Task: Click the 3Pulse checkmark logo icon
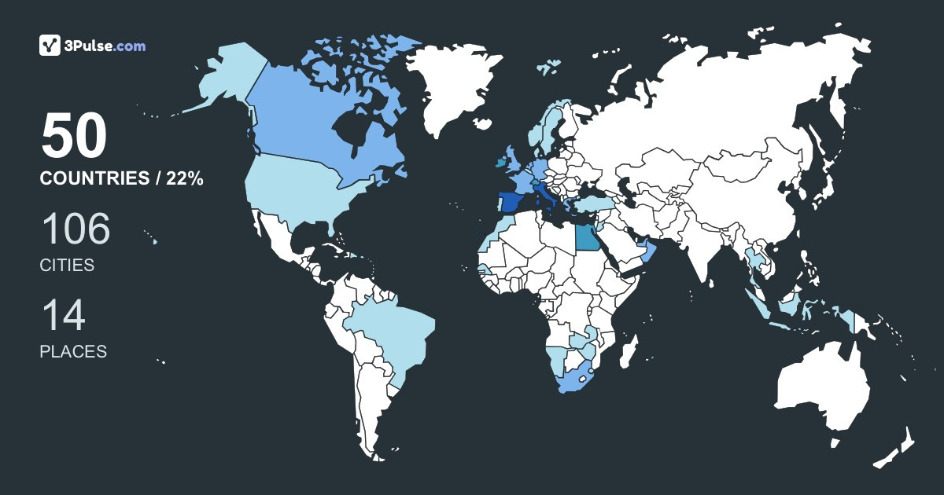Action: [x=50, y=46]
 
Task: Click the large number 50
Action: [x=74, y=137]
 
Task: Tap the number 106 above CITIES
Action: [x=76, y=229]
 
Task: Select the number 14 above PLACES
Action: [x=62, y=316]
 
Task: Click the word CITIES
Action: [x=67, y=266]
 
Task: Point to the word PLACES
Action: [x=73, y=352]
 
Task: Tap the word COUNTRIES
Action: [x=94, y=179]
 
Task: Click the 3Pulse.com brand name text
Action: [x=105, y=46]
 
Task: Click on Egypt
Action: [x=586, y=236]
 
